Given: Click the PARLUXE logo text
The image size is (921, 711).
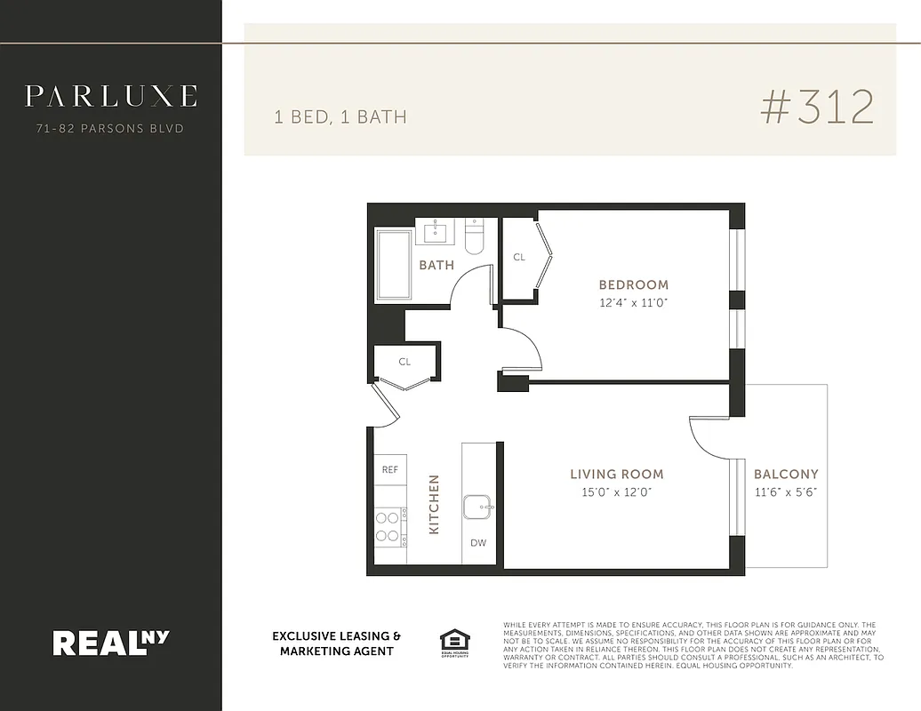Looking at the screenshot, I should pyautogui.click(x=110, y=96).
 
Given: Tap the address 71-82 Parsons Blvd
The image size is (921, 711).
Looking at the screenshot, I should pyautogui.click(x=110, y=129).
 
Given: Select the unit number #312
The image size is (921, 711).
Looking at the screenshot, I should pyautogui.click(x=817, y=108).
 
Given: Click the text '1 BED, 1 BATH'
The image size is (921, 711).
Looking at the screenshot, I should pyautogui.click(x=340, y=116).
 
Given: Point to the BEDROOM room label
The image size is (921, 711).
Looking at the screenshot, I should pyautogui.click(x=633, y=285).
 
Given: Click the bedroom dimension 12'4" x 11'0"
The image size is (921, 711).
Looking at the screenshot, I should pyautogui.click(x=633, y=303).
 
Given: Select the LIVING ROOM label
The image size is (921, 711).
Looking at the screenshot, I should pyautogui.click(x=616, y=475).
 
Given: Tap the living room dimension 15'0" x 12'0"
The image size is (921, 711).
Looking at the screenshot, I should pyautogui.click(x=616, y=492).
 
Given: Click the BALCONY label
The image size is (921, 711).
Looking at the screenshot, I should pyautogui.click(x=786, y=475).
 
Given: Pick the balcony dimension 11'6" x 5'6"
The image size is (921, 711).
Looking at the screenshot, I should pyautogui.click(x=786, y=492).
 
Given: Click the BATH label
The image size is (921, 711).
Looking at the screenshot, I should pyautogui.click(x=436, y=265).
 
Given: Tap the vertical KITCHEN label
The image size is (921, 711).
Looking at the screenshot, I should pyautogui.click(x=435, y=504).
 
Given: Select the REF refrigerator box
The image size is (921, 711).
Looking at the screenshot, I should pyautogui.click(x=390, y=469).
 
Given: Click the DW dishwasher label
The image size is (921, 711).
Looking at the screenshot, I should pyautogui.click(x=478, y=543).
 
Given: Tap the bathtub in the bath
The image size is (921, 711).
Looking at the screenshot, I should pyautogui.click(x=394, y=265).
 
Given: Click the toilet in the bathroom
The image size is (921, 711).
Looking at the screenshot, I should pyautogui.click(x=475, y=237).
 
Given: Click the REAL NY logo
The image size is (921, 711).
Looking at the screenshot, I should pyautogui.click(x=110, y=642).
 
